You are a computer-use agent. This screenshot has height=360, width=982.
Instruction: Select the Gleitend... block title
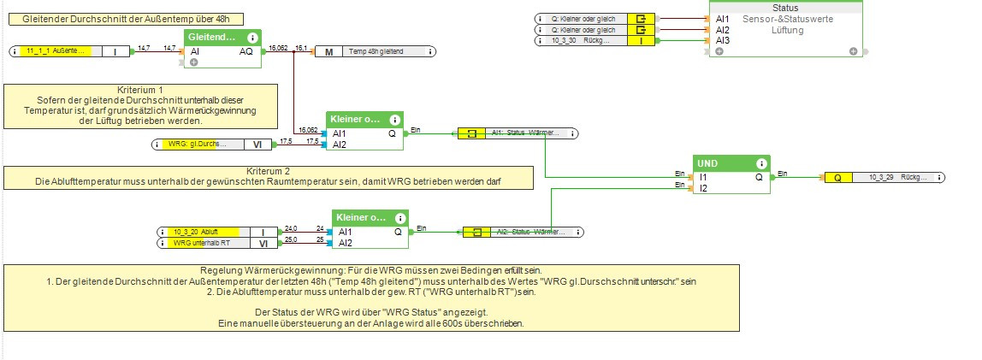(212, 38)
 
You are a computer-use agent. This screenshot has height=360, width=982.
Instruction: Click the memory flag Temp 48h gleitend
(375, 51)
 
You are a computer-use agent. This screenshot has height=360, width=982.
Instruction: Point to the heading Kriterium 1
(140, 89)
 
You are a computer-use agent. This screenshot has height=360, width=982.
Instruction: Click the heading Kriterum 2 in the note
(267, 171)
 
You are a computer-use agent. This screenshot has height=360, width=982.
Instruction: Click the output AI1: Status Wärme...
(524, 133)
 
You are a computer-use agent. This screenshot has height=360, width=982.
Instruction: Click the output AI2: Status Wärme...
(524, 232)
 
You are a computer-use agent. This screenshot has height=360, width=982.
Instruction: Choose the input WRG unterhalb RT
(201, 243)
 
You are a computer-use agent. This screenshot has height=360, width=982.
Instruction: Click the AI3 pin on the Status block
(723, 40)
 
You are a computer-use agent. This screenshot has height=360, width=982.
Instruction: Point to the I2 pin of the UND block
(704, 188)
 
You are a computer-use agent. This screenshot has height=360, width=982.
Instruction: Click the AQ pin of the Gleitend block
(246, 51)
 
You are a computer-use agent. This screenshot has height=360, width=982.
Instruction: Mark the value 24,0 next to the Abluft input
(291, 228)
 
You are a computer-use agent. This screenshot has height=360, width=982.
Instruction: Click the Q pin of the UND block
(759, 177)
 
